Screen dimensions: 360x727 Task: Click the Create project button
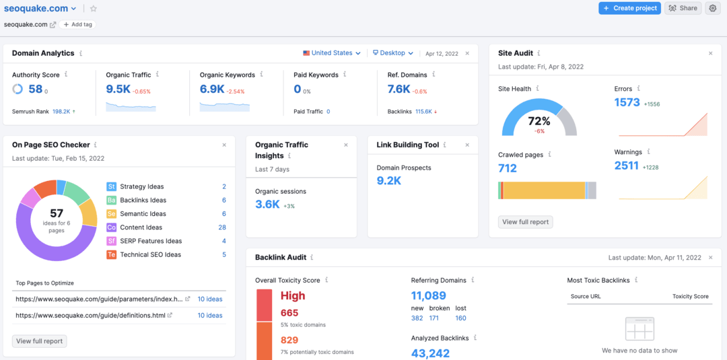click(629, 8)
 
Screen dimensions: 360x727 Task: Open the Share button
click(683, 8)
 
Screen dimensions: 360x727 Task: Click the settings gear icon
click(712, 8)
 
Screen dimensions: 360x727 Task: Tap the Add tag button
click(77, 24)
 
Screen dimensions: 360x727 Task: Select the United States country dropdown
click(332, 53)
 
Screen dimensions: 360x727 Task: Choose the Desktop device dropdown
click(392, 53)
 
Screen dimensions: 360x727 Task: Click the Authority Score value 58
click(35, 89)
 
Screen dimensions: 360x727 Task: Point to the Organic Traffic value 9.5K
click(118, 89)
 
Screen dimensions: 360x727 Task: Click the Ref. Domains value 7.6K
click(399, 89)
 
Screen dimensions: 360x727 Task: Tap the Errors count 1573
click(627, 102)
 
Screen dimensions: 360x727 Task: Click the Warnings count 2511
click(627, 166)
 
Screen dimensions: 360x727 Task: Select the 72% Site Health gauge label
click(539, 121)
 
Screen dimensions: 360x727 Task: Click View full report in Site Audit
click(526, 222)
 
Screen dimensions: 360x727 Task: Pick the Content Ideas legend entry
click(141, 227)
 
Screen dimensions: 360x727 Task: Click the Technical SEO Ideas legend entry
click(150, 254)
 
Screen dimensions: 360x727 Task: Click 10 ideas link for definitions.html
click(209, 316)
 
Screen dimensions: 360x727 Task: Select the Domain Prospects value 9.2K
click(389, 181)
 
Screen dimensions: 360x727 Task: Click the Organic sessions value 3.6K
click(267, 205)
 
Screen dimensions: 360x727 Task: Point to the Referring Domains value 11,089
click(429, 295)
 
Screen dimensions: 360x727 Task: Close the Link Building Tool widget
click(467, 145)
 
